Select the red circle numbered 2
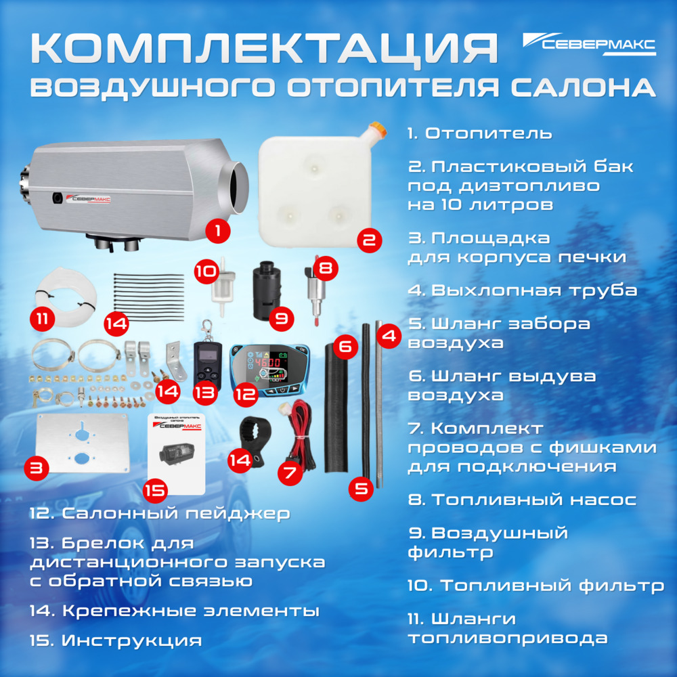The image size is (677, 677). [368, 239]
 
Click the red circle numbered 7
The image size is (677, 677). [290, 473]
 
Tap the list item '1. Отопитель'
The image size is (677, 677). [479, 133]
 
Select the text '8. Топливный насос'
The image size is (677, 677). [521, 500]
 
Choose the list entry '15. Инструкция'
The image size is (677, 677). [116, 640]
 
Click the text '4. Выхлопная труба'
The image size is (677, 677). [522, 290]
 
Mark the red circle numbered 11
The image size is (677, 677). [45, 318]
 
